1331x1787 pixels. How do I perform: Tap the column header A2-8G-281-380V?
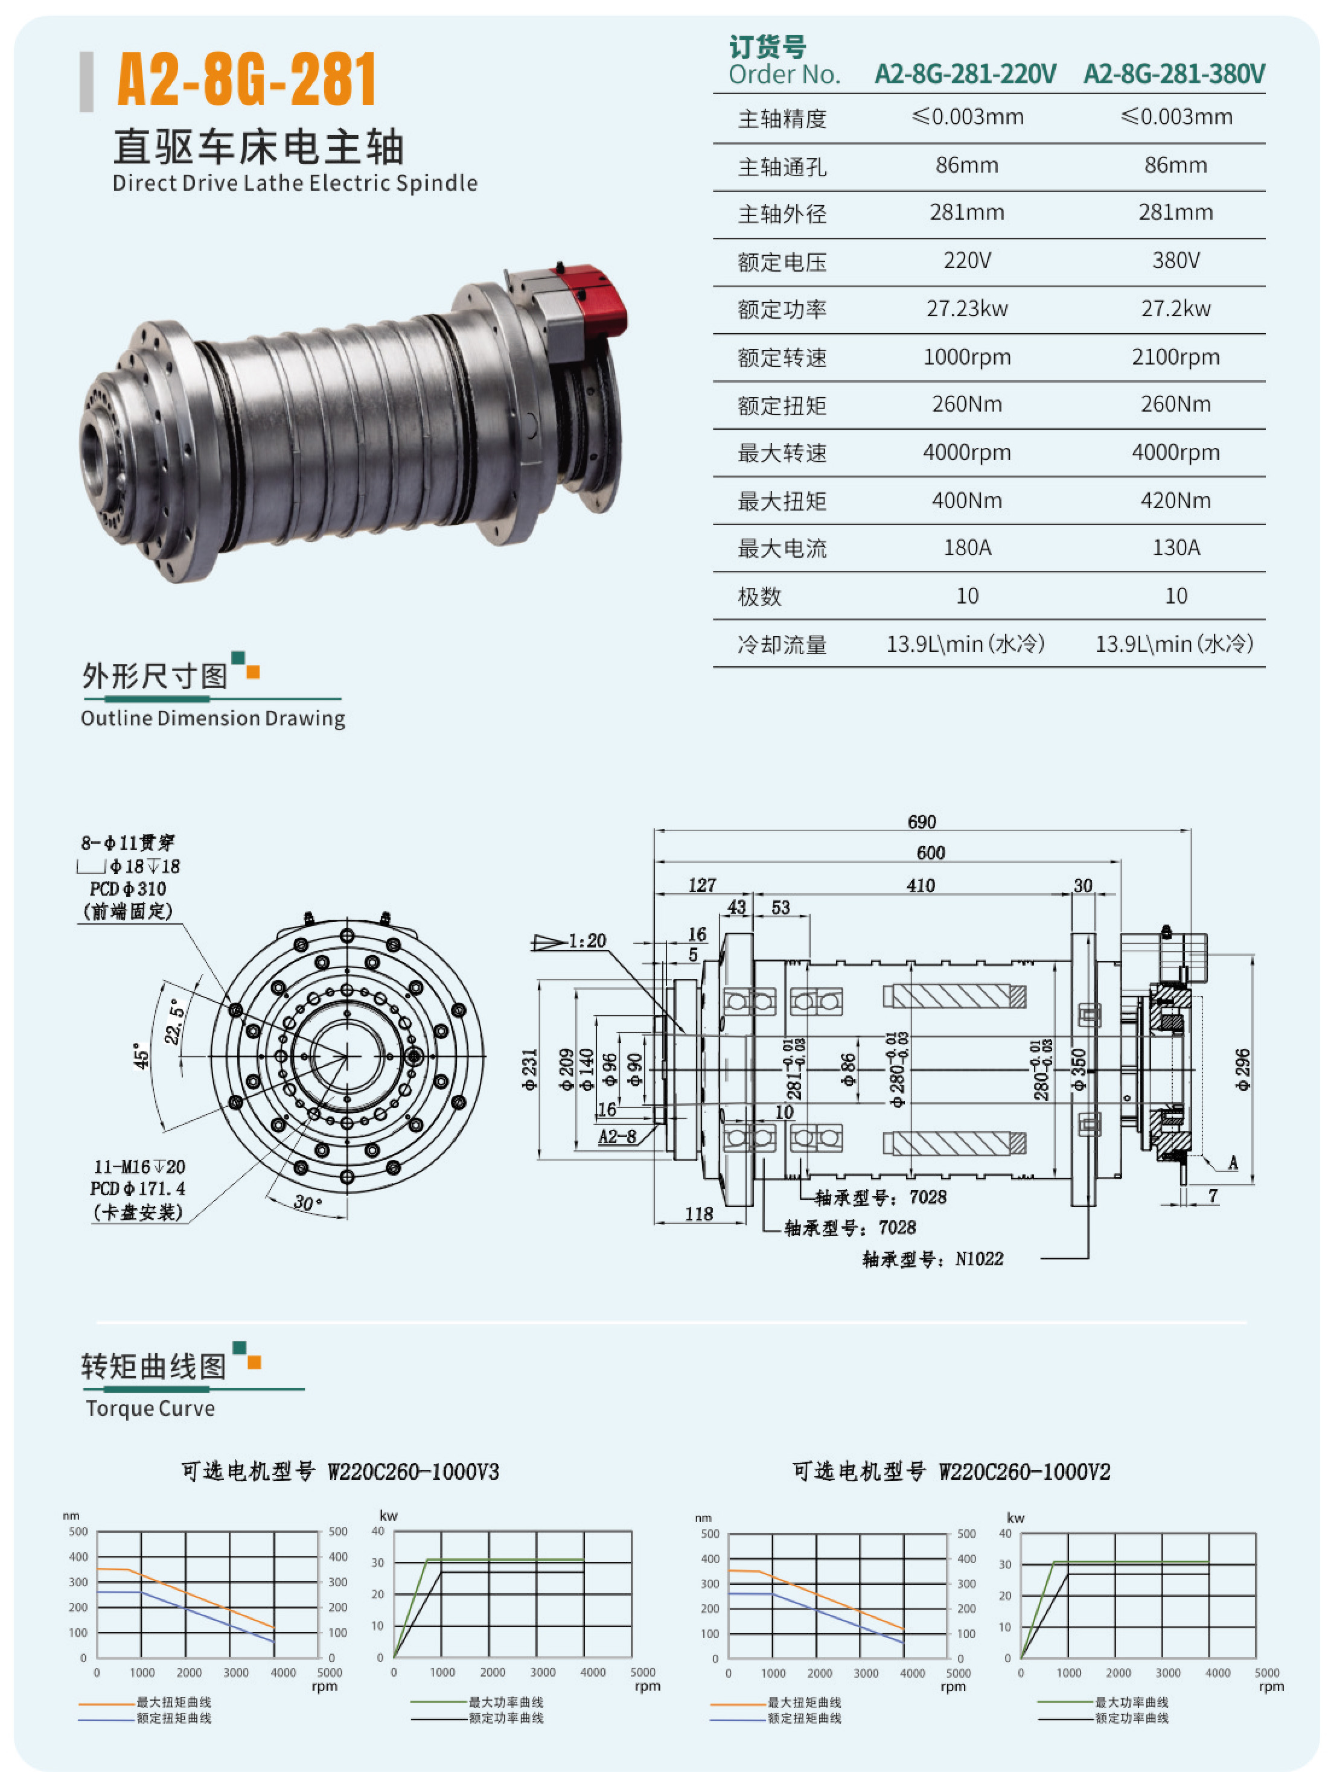pyautogui.click(x=1174, y=74)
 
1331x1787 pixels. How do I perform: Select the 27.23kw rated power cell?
pyautogui.click(x=967, y=308)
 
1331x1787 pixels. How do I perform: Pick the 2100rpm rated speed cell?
pyautogui.click(x=1175, y=357)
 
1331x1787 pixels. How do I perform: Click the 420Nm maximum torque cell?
pyautogui.click(x=1175, y=500)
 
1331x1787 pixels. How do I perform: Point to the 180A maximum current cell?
pyautogui.click(x=967, y=547)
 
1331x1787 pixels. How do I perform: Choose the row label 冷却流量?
pyautogui.click(x=782, y=645)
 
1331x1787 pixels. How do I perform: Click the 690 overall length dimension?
pyautogui.click(x=922, y=821)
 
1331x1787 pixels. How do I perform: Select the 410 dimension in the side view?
pyautogui.click(x=920, y=885)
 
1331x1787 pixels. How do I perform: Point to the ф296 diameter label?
pyautogui.click(x=1243, y=1069)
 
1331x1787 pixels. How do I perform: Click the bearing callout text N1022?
pyautogui.click(x=979, y=1259)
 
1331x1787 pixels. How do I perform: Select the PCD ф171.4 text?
pyautogui.click(x=137, y=1189)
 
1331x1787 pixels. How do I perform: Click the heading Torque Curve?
pyautogui.click(x=151, y=1409)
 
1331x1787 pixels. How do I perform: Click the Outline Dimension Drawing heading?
pyautogui.click(x=212, y=718)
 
